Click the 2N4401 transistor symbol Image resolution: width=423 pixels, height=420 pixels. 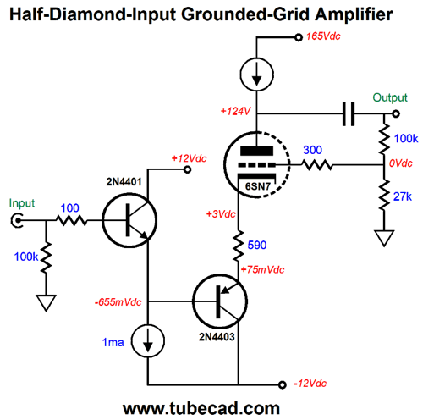pyautogui.click(x=129, y=220)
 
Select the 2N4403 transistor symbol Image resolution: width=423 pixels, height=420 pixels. pyautogui.click(x=220, y=301)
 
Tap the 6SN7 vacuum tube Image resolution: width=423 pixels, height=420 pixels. pyautogui.click(x=256, y=165)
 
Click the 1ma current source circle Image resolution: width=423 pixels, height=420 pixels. pyautogui.click(x=148, y=340)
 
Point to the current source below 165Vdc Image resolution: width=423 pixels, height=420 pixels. pyautogui.click(x=256, y=75)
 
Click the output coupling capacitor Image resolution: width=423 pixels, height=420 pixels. pyautogui.click(x=349, y=113)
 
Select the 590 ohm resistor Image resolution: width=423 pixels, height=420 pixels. pyautogui.click(x=239, y=246)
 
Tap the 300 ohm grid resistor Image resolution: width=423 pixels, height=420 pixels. pyautogui.click(x=317, y=165)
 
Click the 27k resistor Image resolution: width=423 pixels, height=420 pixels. pyautogui.click(x=384, y=196)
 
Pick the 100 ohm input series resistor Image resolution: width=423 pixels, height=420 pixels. pyautogui.click(x=72, y=220)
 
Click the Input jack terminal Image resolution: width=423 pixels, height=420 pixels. pyautogui.click(x=17, y=220)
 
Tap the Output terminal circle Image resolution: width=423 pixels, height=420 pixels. pyautogui.click(x=396, y=113)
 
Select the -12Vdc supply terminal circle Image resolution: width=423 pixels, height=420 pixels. pyautogui.click(x=282, y=384)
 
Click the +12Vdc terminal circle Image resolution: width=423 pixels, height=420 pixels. pyautogui.click(x=187, y=169)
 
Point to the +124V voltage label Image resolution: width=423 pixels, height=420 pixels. pyautogui.click(x=235, y=111)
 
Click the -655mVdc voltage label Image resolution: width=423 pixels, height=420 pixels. pyautogui.click(x=118, y=302)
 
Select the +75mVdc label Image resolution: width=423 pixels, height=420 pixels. pyautogui.click(x=262, y=269)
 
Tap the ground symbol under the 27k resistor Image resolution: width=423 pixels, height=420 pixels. pyautogui.click(x=384, y=239)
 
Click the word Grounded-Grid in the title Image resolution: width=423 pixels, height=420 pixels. pyautogui.click(x=245, y=14)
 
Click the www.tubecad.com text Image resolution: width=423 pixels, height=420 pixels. pyautogui.click(x=201, y=408)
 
